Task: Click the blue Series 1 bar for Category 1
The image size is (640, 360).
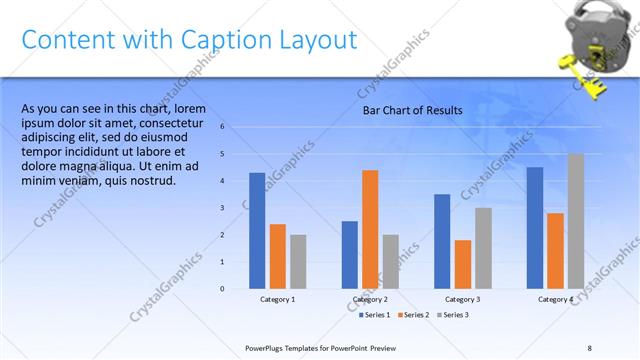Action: click(x=257, y=231)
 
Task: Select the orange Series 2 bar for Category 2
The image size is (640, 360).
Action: click(x=370, y=229)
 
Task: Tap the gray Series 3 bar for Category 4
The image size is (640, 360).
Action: click(x=575, y=221)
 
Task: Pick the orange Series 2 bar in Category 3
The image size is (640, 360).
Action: click(x=462, y=264)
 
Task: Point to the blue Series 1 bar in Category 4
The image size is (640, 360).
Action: click(x=534, y=227)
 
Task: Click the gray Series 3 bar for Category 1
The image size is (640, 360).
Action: click(x=298, y=261)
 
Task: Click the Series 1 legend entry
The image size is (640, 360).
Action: click(x=376, y=315)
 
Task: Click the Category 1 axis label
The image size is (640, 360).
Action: click(x=277, y=299)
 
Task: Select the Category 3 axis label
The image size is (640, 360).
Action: click(x=462, y=299)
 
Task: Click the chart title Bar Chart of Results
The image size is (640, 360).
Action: click(x=412, y=110)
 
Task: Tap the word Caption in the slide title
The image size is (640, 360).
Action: click(x=230, y=41)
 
